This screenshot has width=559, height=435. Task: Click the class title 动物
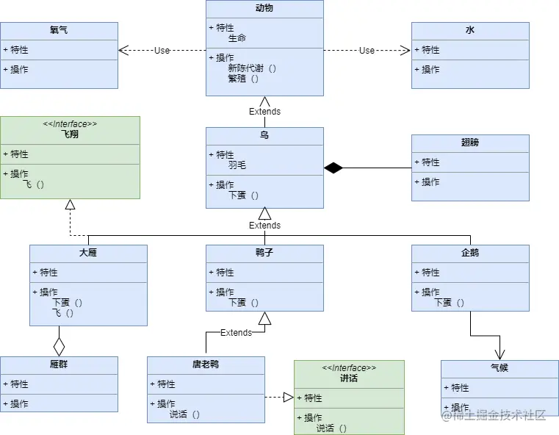point(264,8)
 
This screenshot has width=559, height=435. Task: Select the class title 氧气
point(59,31)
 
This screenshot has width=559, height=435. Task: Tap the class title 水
point(470,31)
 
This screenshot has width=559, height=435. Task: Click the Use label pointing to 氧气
point(162,51)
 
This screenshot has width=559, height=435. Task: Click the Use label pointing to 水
point(367,51)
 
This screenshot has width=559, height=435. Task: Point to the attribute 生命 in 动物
point(237,38)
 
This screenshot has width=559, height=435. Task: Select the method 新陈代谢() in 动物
point(252,68)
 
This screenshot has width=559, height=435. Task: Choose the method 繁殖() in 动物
point(244,79)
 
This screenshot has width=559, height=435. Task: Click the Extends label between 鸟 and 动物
point(264,112)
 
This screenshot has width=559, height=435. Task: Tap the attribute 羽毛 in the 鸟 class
point(237,165)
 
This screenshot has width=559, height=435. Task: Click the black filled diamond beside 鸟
point(333,168)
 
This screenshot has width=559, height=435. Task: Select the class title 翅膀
point(470,143)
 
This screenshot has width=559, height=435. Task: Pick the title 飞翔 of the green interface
point(70,134)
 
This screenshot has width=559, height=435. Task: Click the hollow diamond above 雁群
point(59,344)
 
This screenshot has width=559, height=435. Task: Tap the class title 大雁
point(88,253)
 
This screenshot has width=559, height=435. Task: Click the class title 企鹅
point(470,253)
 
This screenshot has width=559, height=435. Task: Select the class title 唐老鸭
point(206,364)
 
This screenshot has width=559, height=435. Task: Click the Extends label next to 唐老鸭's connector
point(236,333)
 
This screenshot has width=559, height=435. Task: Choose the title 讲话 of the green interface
point(349,378)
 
